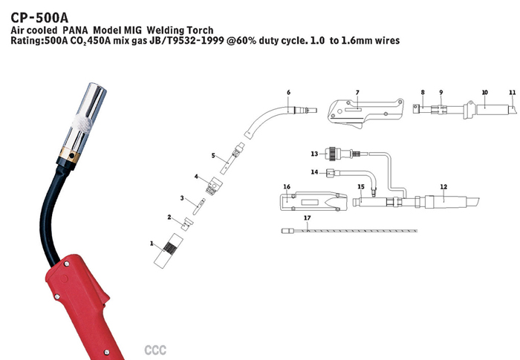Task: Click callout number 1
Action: [152, 243]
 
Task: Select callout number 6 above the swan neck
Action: [288, 93]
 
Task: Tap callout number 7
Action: [357, 93]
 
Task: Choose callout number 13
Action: [314, 154]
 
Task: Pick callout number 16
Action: [287, 186]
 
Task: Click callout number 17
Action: [305, 217]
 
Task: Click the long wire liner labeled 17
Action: [371, 232]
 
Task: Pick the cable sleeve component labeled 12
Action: [442, 200]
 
